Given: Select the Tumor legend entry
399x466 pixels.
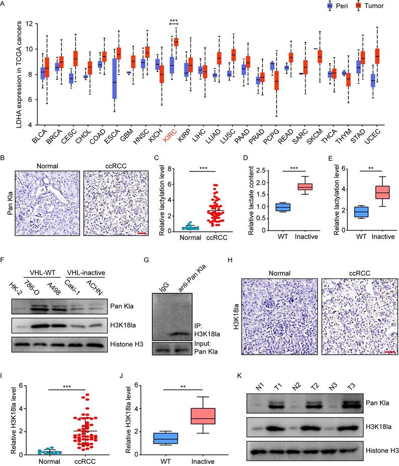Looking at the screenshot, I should coord(371,6).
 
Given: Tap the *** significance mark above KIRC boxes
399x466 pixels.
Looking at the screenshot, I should coord(174,21).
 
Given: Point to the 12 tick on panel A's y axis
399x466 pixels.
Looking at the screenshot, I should coord(30,24).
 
